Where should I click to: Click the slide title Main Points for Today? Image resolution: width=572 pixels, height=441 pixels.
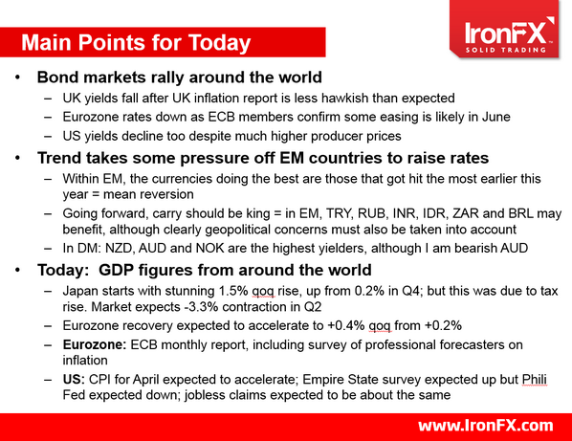(x=136, y=43)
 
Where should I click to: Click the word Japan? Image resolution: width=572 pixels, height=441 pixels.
(x=81, y=291)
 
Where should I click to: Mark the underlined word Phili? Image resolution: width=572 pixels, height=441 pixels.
(x=539, y=381)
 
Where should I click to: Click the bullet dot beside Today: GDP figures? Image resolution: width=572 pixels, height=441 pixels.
(x=19, y=271)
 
